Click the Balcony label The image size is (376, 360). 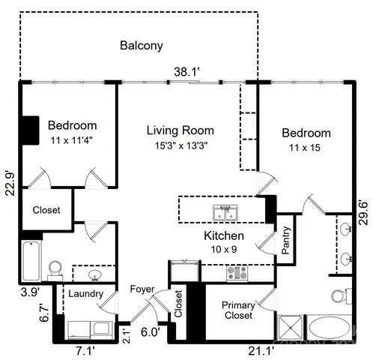click(x=142, y=46)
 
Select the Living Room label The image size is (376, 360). click(x=180, y=130)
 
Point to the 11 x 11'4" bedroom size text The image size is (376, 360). click(x=73, y=140)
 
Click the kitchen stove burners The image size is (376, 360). click(x=237, y=274)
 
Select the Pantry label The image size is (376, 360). click(x=286, y=240)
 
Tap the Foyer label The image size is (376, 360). click(x=142, y=289)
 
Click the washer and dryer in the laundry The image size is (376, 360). click(x=88, y=329)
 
